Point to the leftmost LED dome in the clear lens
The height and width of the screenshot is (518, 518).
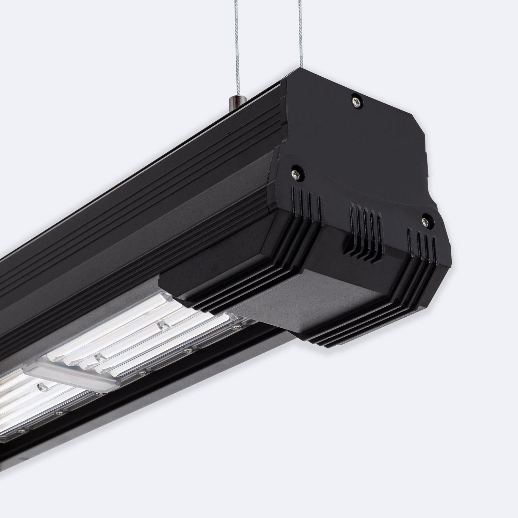41,386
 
